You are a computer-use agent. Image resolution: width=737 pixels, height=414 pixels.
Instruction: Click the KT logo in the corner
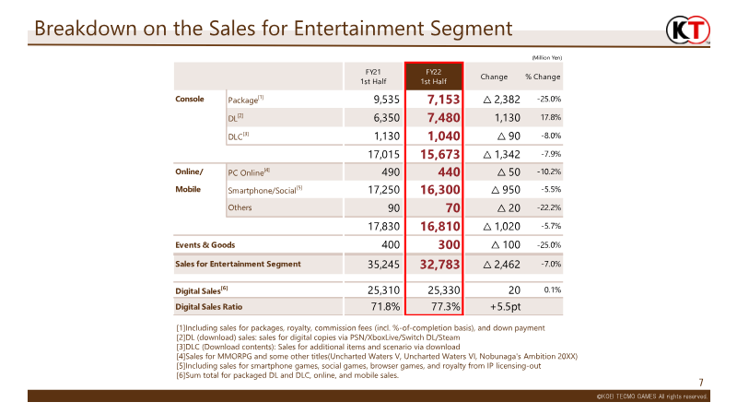coord(688,30)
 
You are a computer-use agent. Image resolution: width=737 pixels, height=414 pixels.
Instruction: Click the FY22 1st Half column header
coord(433,77)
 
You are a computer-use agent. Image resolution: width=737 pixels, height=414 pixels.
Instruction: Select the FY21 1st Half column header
coord(373,77)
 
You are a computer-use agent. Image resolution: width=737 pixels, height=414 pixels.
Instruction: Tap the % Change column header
coord(543,77)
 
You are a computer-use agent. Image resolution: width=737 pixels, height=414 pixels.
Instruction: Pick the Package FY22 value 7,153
coord(443,100)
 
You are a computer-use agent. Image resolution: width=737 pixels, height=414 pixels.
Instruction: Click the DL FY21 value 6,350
coord(386,118)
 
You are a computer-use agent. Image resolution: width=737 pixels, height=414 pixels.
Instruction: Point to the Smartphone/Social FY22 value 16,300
coord(440,190)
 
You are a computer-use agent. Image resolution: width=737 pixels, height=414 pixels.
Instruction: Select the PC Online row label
coord(249,172)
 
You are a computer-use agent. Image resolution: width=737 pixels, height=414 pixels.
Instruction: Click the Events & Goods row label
coord(205,244)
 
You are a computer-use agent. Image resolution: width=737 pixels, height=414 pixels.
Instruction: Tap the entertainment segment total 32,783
coord(440,265)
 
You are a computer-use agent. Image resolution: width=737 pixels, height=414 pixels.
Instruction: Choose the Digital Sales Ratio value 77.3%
coord(446,307)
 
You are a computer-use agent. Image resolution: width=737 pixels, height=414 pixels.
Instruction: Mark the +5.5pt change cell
coord(505,307)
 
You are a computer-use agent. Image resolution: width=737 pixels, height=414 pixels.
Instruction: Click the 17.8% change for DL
coord(550,117)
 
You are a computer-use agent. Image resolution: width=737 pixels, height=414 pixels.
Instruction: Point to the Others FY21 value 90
coord(394,208)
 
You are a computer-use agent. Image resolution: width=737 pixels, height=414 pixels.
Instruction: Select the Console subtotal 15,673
coord(440,154)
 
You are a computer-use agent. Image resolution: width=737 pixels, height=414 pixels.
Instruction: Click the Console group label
coord(190,99)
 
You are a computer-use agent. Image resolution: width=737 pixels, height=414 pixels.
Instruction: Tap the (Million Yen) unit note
coord(546,57)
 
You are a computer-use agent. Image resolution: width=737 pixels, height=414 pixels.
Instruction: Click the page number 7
coord(701,383)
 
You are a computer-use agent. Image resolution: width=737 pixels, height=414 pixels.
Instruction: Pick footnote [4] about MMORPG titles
coord(377,356)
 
